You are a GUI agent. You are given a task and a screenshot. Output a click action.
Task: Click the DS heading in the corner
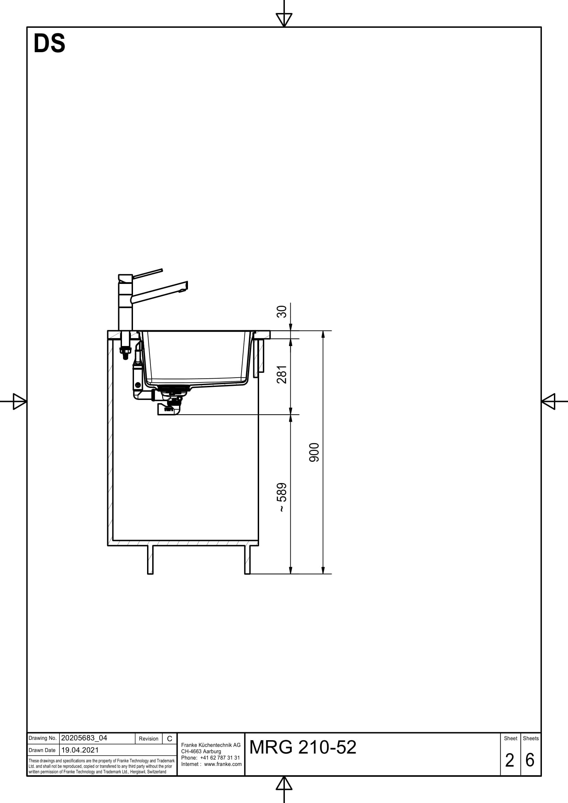click(49, 43)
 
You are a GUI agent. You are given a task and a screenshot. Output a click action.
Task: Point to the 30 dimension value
click(282, 312)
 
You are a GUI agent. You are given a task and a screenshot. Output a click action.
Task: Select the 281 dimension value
click(282, 375)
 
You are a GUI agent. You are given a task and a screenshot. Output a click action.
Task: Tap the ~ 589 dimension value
click(282, 498)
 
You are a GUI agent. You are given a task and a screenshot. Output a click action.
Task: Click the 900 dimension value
click(314, 452)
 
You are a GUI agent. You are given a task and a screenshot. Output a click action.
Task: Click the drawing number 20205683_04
click(84, 738)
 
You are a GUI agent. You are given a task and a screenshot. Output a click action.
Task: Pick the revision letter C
click(169, 739)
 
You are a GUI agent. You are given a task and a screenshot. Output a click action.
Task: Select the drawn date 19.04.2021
click(80, 750)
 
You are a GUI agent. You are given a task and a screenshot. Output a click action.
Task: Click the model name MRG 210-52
click(303, 747)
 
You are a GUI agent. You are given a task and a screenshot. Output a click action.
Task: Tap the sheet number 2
click(510, 760)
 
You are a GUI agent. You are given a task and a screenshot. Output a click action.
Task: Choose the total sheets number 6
click(530, 760)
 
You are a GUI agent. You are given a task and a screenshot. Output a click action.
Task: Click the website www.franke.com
click(223, 764)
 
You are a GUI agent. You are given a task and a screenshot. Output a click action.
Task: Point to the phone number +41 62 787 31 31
click(220, 758)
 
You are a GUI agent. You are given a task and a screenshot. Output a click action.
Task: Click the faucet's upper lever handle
click(147, 274)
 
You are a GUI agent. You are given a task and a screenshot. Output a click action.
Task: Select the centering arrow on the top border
click(284, 20)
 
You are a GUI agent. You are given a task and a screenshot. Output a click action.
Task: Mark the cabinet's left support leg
click(150, 560)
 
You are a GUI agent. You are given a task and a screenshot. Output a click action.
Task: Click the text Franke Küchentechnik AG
click(211, 745)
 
